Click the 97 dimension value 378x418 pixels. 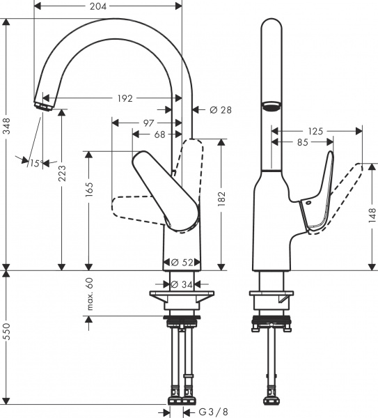(148, 123)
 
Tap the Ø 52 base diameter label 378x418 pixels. (182, 263)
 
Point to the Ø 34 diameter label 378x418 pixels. (182, 284)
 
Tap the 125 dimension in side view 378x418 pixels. (315, 130)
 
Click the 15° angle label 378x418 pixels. (33, 163)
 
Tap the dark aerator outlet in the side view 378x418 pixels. (271, 107)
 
